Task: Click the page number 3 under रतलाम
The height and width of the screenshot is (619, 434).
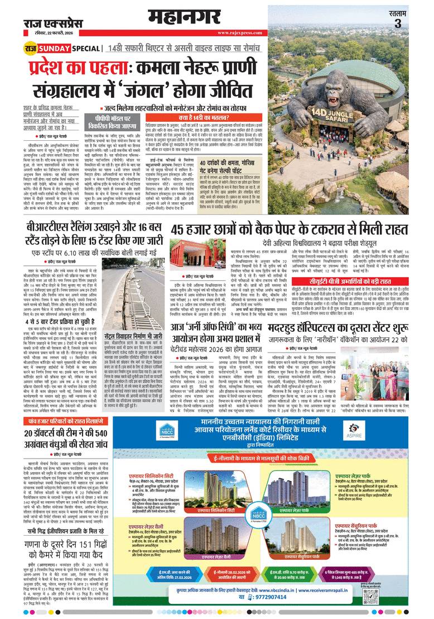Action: coord(397,23)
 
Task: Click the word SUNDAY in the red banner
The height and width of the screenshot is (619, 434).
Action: coord(51,49)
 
